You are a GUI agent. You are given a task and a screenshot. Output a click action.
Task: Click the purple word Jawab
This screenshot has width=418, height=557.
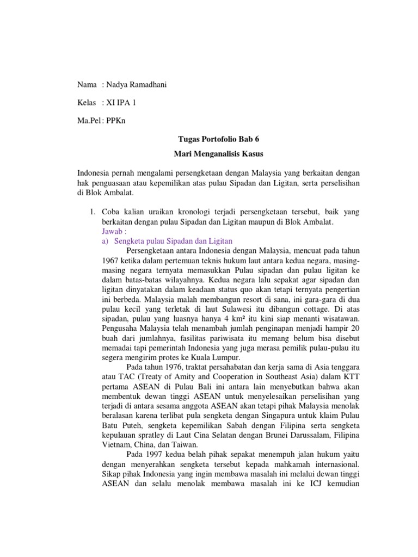click(113, 231)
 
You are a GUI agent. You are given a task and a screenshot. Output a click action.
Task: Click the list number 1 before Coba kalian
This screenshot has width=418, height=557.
click(93, 211)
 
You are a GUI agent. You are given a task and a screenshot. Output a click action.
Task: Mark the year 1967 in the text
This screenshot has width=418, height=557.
click(110, 260)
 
